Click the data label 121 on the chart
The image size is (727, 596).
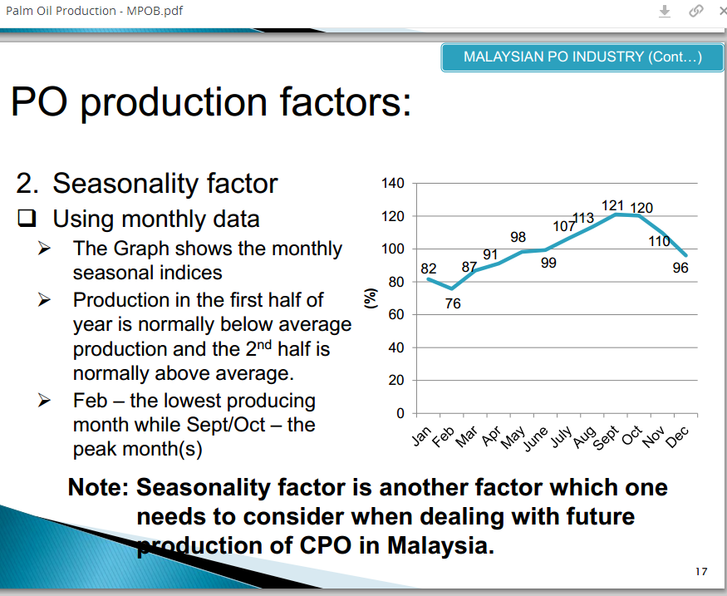[612, 204]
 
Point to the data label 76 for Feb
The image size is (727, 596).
[452, 304]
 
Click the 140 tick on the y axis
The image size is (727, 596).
[393, 183]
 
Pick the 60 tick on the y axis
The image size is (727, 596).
[396, 315]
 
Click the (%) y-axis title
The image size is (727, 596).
[370, 298]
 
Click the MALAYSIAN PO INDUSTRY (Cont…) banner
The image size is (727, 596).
[582, 57]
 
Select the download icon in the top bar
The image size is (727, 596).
[665, 11]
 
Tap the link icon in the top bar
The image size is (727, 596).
[695, 11]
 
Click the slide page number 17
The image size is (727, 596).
[700, 571]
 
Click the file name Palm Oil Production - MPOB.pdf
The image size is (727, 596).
[93, 11]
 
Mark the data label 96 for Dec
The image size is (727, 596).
[680, 268]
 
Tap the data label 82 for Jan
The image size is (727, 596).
[428, 268]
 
